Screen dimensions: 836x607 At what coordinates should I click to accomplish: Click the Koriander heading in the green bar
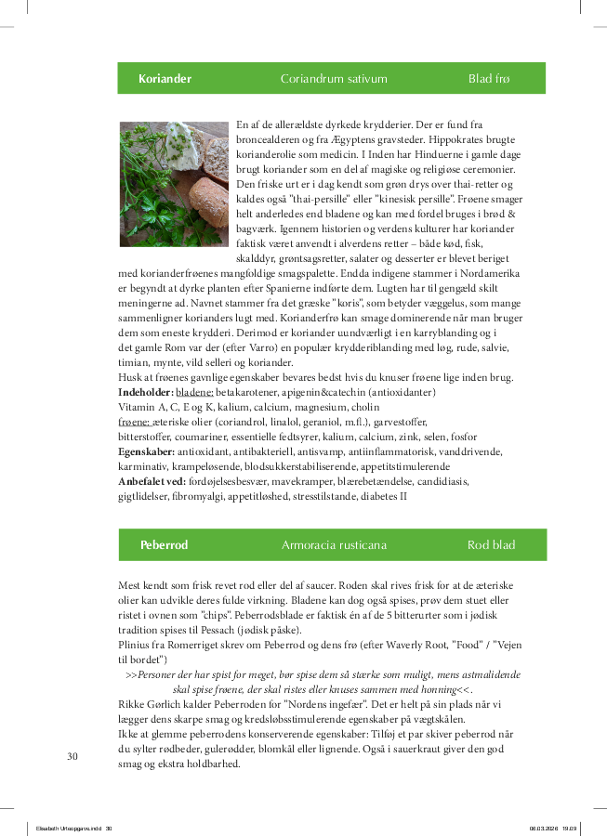click(x=165, y=79)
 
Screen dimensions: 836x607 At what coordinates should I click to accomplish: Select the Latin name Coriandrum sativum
click(x=334, y=79)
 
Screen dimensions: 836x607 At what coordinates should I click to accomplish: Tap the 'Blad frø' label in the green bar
click(x=489, y=79)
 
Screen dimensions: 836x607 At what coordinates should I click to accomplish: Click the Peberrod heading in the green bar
click(x=164, y=545)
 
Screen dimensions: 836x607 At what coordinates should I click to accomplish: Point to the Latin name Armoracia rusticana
click(x=334, y=545)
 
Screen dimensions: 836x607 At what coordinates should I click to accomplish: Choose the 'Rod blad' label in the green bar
click(x=491, y=545)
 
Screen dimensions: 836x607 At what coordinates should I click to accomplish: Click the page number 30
click(x=73, y=756)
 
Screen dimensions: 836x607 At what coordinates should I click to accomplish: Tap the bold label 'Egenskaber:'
click(x=146, y=451)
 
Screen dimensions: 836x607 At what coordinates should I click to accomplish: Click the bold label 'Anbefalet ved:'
click(x=152, y=481)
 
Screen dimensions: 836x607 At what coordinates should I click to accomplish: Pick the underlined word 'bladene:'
click(x=194, y=393)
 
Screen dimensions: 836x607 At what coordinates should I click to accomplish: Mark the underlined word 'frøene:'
click(x=136, y=423)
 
